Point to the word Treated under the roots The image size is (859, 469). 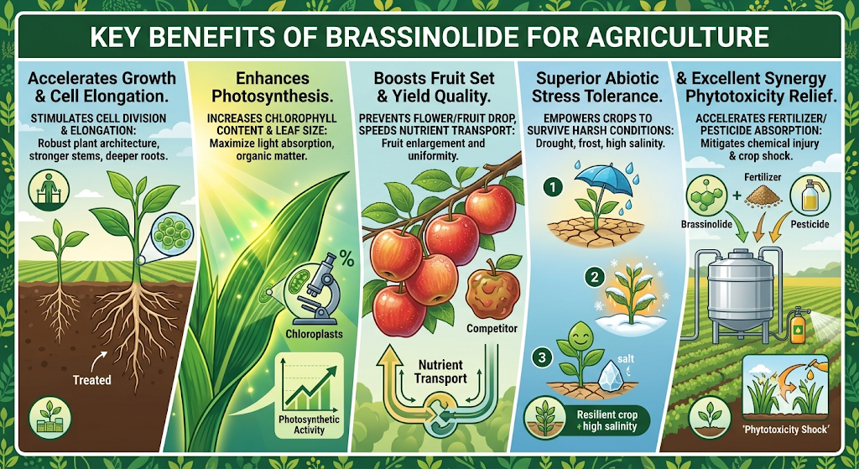pos(92,380)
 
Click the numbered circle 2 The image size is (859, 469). pos(594,277)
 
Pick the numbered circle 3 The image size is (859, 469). pos(542,357)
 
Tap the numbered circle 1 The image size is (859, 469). pos(554,187)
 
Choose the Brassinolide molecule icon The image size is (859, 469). pos(705,195)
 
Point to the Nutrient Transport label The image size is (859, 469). pos(440,372)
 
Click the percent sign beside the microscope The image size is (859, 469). pos(346,258)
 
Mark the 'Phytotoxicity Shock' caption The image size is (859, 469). pos(786,430)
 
